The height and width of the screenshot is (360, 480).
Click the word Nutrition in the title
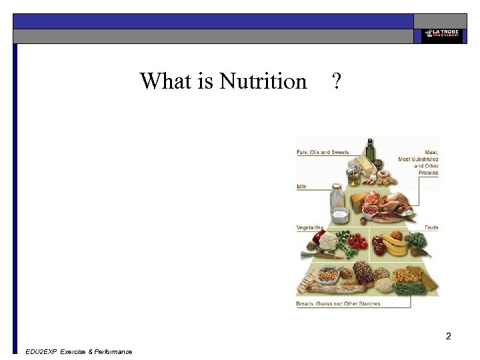263,82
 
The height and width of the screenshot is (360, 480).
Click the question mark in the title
336,82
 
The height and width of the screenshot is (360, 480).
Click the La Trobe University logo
439,34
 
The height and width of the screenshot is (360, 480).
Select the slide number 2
449,336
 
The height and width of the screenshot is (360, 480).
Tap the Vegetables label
310,227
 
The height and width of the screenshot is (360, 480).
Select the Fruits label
431,227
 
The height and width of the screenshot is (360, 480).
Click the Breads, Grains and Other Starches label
338,304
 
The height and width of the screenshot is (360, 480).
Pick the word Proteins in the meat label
428,173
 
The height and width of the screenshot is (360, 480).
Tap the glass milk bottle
337,198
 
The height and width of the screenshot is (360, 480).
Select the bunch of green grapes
417,239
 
